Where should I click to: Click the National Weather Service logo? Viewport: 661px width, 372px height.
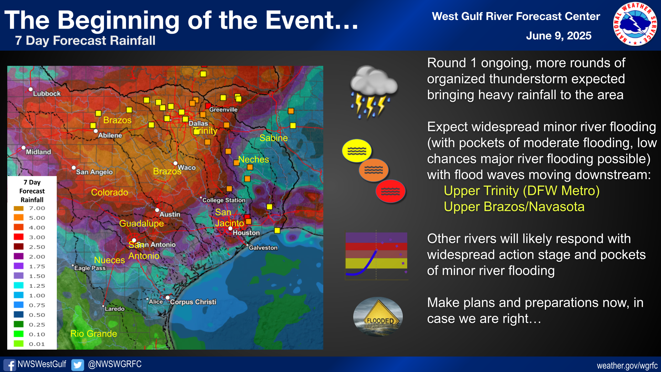click(635, 24)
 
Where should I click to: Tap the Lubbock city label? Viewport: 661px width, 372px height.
click(46, 94)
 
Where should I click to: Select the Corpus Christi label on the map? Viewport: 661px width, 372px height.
click(193, 302)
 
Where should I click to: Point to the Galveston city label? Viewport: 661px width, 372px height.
click(263, 248)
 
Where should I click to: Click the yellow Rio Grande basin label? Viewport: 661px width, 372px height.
click(94, 333)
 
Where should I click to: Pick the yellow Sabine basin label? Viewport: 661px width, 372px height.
click(274, 138)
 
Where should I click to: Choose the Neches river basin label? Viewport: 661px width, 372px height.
click(254, 159)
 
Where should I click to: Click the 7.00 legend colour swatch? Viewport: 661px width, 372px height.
click(19, 208)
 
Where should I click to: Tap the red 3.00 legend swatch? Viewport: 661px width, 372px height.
click(19, 237)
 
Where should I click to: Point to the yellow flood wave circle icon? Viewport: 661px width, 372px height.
click(357, 151)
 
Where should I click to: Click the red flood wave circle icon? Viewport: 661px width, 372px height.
click(390, 191)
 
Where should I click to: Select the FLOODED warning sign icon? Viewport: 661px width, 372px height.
click(378, 317)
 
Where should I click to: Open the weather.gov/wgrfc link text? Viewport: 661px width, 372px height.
click(627, 366)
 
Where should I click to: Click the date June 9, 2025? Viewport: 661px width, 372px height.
click(558, 36)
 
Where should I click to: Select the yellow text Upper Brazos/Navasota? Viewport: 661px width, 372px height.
click(514, 207)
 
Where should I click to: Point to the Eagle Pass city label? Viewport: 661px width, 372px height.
click(90, 268)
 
